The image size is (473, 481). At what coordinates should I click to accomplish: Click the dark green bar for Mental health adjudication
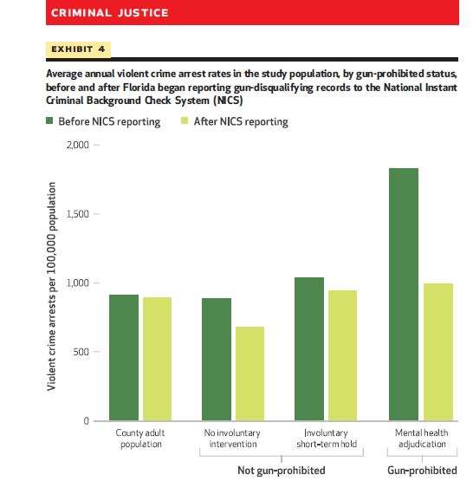(404, 294)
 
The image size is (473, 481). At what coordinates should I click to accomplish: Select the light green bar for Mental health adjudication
(438, 352)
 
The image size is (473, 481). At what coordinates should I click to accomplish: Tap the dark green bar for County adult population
(124, 358)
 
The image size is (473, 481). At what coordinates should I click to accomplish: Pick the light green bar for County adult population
(157, 359)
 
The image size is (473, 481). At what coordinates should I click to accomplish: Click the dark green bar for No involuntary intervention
(217, 359)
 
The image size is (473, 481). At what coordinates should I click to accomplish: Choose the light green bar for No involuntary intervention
(249, 374)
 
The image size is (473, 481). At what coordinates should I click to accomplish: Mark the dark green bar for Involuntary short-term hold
(309, 349)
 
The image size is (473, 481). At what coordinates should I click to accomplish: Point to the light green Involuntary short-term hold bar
(342, 355)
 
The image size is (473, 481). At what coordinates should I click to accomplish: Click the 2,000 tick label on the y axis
(78, 145)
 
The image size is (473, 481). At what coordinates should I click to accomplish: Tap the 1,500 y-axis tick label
(78, 214)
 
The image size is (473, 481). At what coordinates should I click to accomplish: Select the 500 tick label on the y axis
(81, 352)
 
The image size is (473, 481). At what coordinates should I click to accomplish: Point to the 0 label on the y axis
(86, 421)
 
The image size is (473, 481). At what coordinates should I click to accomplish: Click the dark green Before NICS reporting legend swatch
(49, 120)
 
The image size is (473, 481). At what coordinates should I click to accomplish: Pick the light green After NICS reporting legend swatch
(185, 120)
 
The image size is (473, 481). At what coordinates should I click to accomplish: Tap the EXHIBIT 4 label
(78, 49)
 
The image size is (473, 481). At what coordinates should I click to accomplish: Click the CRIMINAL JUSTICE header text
(110, 13)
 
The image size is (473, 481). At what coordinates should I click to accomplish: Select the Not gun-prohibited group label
(282, 471)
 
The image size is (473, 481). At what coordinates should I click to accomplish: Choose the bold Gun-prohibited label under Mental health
(422, 471)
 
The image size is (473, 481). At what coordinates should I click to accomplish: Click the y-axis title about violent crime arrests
(51, 286)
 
